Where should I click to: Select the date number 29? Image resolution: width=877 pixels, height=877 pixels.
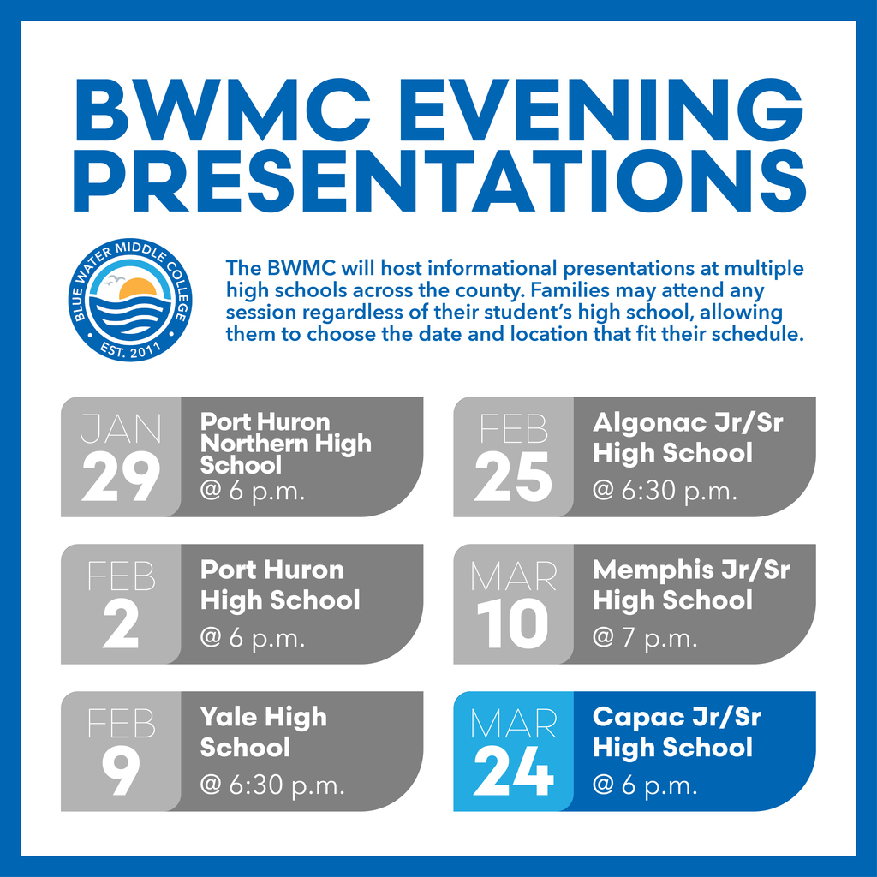pyautogui.click(x=121, y=476)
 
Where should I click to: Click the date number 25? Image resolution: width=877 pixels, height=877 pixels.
pyautogui.click(x=513, y=476)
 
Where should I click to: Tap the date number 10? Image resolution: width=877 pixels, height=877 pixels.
pyautogui.click(x=513, y=623)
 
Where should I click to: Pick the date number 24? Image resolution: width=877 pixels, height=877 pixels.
pyautogui.click(x=513, y=771)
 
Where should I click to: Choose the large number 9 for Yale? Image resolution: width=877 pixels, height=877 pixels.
pyautogui.click(x=121, y=771)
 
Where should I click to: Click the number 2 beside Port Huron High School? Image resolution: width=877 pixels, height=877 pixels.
pyautogui.click(x=121, y=623)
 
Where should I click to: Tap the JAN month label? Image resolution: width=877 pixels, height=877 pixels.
pyautogui.click(x=121, y=429)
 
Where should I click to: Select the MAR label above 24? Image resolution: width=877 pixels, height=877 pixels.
pyautogui.click(x=513, y=724)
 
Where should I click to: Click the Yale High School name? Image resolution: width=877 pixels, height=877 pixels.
pyautogui.click(x=263, y=731)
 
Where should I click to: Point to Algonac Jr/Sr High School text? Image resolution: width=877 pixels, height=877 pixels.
pyautogui.click(x=688, y=437)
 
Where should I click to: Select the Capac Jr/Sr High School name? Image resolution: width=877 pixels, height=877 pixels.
pyautogui.click(x=677, y=731)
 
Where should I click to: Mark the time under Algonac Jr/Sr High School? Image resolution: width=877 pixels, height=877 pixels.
pyautogui.click(x=665, y=492)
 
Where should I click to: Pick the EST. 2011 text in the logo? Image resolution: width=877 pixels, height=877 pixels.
pyautogui.click(x=129, y=347)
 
